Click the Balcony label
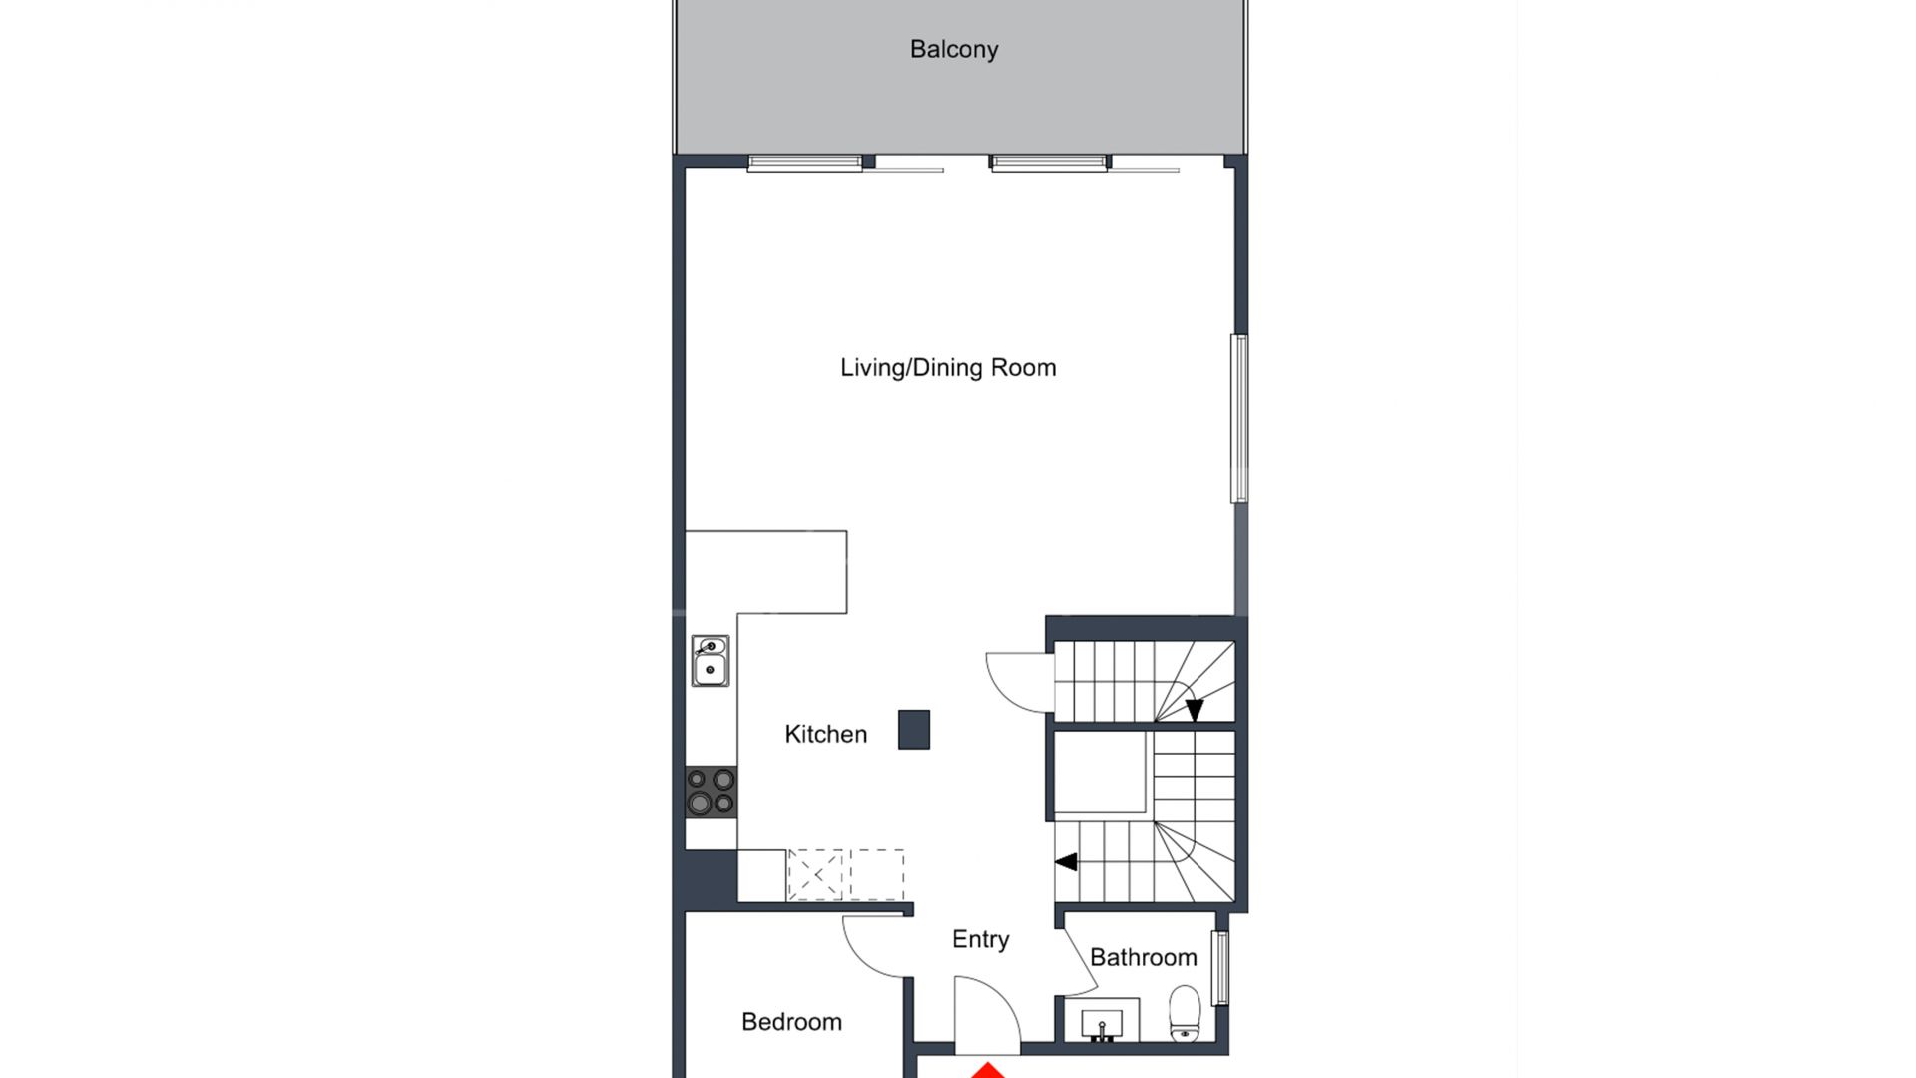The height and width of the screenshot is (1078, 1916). tap(953, 49)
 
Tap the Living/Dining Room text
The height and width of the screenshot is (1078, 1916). tap(947, 367)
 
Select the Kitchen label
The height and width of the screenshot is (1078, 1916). tap(825, 734)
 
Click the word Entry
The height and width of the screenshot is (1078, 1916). tap(980, 939)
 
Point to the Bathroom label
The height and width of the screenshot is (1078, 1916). tap(1143, 957)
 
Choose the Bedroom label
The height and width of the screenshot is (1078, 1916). tap(791, 1021)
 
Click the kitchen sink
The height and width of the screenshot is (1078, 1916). tap(710, 661)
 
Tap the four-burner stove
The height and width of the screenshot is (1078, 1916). tap(711, 791)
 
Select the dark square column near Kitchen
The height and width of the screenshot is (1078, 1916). tap(913, 729)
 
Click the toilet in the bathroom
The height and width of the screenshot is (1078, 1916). tap(1185, 1014)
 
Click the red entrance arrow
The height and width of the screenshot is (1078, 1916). tap(988, 1070)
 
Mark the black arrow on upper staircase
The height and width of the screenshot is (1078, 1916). tap(1195, 709)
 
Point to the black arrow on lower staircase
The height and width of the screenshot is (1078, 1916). tap(1066, 861)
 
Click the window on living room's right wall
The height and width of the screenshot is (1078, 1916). tap(1238, 418)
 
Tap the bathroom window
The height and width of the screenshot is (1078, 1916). tap(1219, 967)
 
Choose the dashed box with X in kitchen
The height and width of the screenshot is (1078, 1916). tap(815, 875)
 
